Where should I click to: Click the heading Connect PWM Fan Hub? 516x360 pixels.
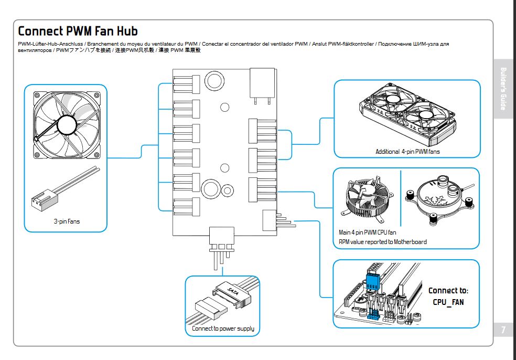pos(78,30)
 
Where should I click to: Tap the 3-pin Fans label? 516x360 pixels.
pos(66,222)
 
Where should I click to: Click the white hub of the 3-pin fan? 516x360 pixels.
pos(67,124)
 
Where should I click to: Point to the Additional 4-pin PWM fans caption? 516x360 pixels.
pos(407,152)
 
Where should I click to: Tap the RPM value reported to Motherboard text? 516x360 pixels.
pos(383,242)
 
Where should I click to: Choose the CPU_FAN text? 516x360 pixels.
pos(448,302)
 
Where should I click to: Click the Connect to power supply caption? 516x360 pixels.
pos(223,329)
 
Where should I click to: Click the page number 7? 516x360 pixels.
pos(503,330)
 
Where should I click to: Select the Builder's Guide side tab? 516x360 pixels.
pos(503,89)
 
